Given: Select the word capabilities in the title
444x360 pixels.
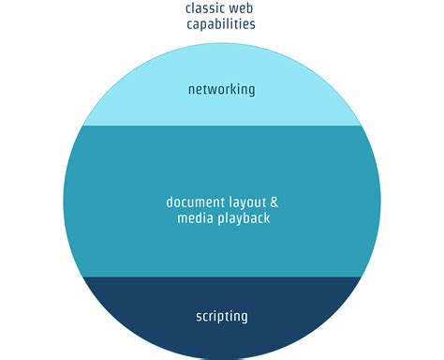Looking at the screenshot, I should (x=222, y=24).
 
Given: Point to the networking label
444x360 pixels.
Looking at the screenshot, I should (x=221, y=90).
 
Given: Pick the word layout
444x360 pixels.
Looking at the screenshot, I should (x=245, y=202).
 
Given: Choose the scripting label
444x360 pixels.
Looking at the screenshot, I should (x=222, y=316).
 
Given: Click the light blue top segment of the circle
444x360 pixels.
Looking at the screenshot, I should (x=222, y=66).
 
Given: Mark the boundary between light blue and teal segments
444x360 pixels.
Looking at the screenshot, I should (x=222, y=126).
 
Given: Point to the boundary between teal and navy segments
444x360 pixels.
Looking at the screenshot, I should (x=222, y=277).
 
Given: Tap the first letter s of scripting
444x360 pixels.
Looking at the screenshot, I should (x=199, y=317).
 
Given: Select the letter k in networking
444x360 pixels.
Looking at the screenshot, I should (x=232, y=90).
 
